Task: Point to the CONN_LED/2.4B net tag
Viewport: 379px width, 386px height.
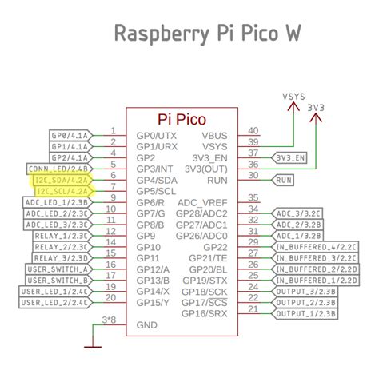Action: coord(59,169)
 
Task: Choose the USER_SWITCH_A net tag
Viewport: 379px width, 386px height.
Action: coord(58,269)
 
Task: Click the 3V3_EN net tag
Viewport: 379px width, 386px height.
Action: coord(290,158)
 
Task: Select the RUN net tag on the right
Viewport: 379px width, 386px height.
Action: coord(284,181)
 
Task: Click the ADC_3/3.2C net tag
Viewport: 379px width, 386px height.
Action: coord(298,213)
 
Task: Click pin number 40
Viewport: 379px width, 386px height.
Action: coord(253,130)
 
